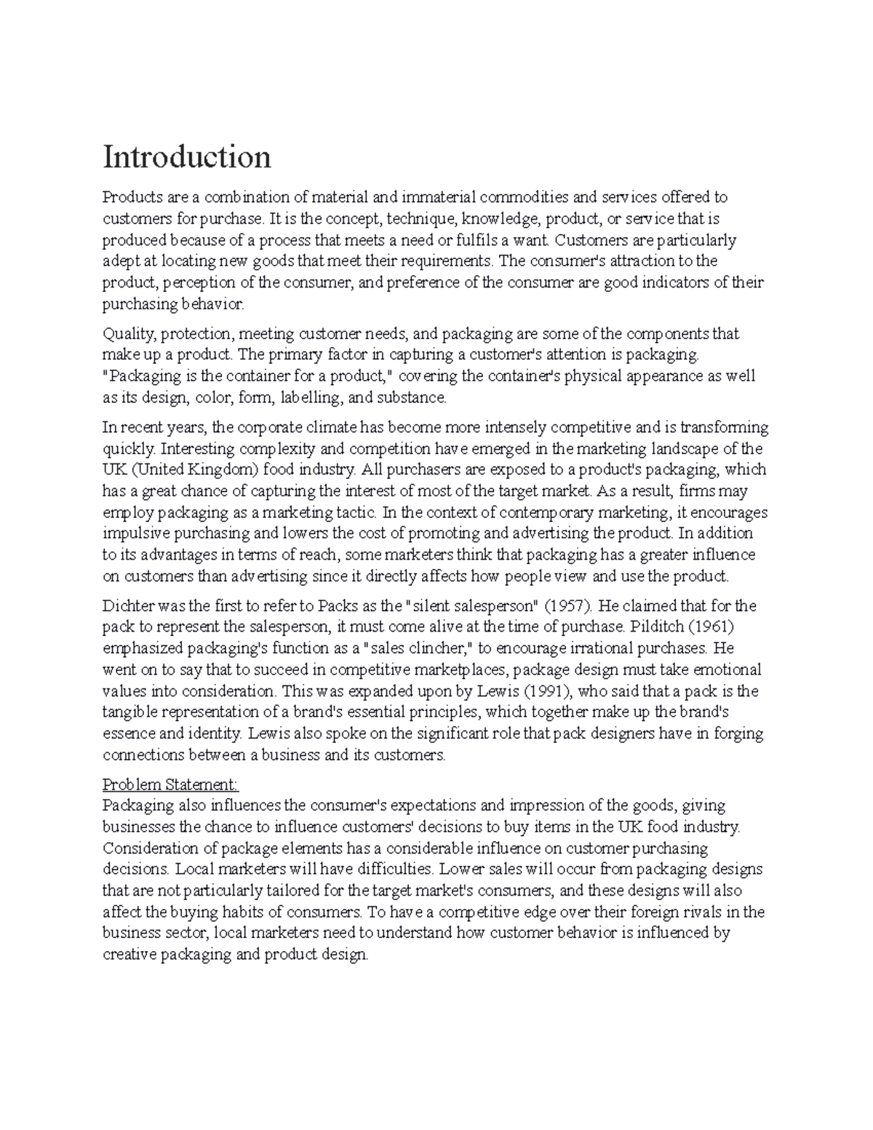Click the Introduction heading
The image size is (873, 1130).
[x=187, y=156]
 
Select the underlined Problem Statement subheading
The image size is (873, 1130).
[x=170, y=785]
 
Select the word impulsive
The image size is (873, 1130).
[x=137, y=533]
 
